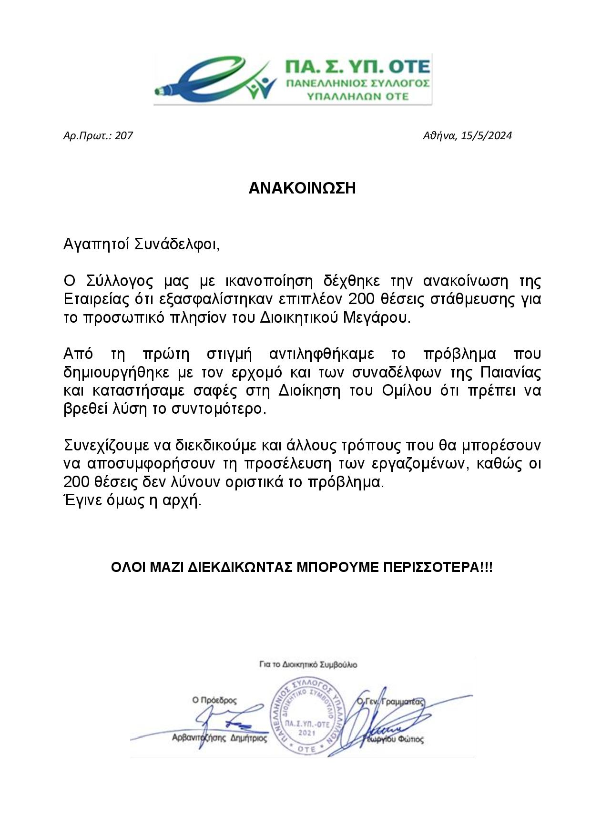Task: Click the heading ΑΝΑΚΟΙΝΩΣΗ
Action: click(302, 188)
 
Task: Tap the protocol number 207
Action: click(124, 136)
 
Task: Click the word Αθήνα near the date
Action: click(438, 136)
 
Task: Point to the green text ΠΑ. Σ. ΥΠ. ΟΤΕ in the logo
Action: click(357, 66)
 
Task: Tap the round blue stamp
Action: click(307, 717)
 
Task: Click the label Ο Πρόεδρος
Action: click(214, 701)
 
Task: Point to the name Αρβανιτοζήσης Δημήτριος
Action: click(219, 739)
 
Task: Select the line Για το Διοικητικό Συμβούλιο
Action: click(308, 664)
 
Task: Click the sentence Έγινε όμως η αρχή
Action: click(132, 501)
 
